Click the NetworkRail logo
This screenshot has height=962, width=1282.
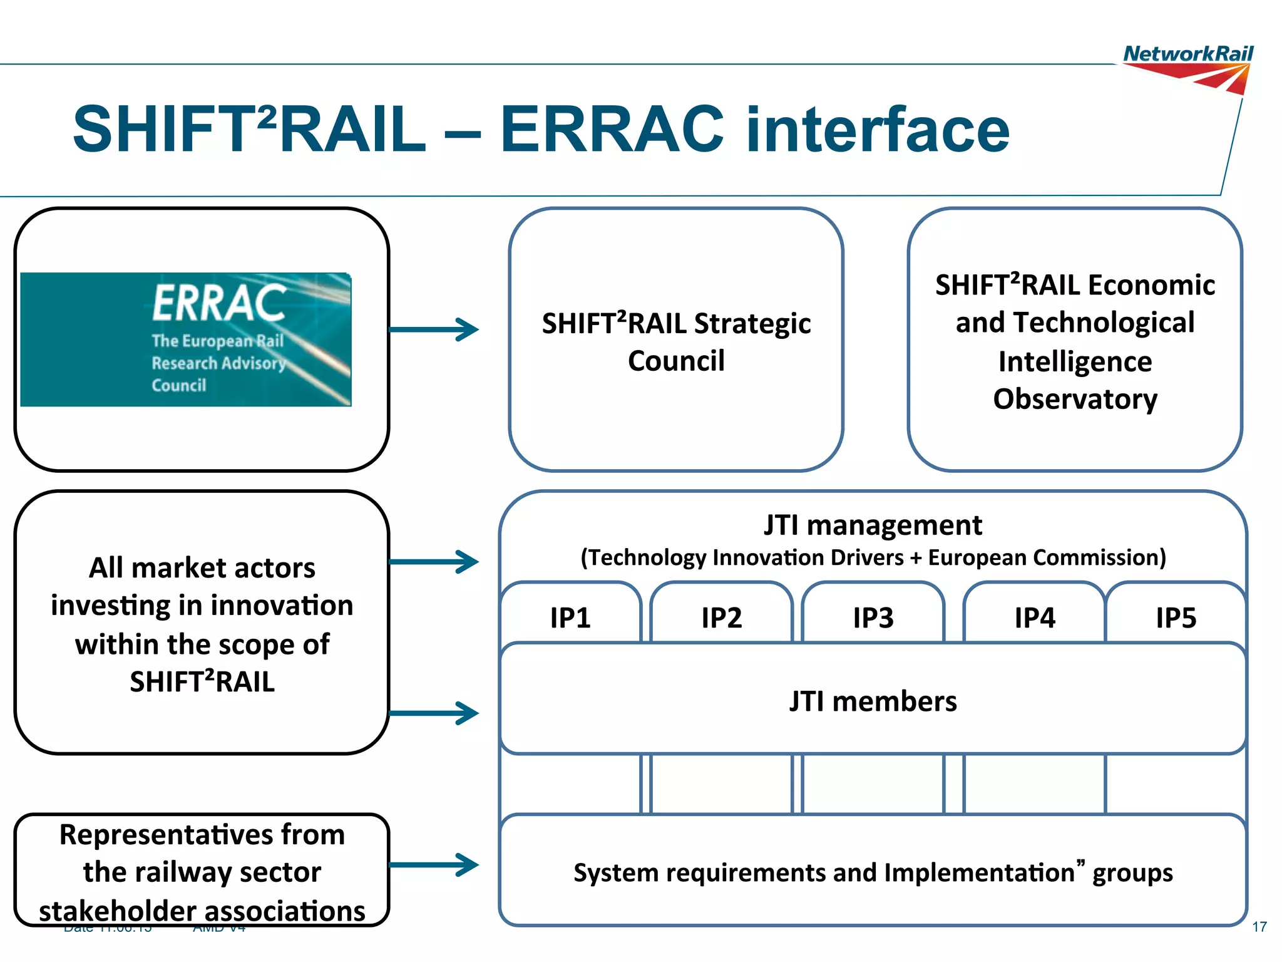point(1187,68)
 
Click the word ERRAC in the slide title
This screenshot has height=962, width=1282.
point(612,130)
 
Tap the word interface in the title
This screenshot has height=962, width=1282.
point(878,130)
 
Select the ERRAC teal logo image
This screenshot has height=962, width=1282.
point(186,339)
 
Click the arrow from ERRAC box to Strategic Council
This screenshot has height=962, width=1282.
point(434,329)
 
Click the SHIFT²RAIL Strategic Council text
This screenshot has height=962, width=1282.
point(676,342)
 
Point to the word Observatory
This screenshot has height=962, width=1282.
point(1075,399)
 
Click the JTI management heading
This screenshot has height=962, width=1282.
point(873,525)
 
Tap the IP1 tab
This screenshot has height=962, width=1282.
point(570,618)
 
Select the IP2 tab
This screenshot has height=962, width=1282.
point(721,618)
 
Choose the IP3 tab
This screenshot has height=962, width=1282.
point(873,618)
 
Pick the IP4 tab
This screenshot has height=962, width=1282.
point(1034,618)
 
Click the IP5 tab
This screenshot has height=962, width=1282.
point(1176,618)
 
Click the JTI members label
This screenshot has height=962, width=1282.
point(873,701)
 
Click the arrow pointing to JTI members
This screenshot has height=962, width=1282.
point(434,713)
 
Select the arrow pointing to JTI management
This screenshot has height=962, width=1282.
point(434,562)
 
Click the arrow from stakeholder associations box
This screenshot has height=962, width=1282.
point(434,865)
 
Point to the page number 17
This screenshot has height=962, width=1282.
point(1259,927)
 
